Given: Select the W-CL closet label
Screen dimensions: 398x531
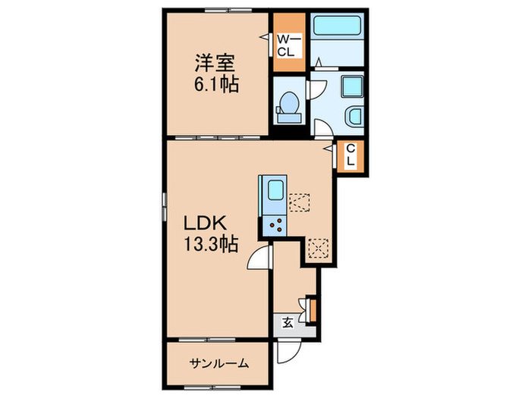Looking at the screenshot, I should click(288, 46).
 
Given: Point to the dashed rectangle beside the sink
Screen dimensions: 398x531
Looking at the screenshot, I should click(301, 202).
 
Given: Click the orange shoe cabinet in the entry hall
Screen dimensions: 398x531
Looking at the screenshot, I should click(312, 309).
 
